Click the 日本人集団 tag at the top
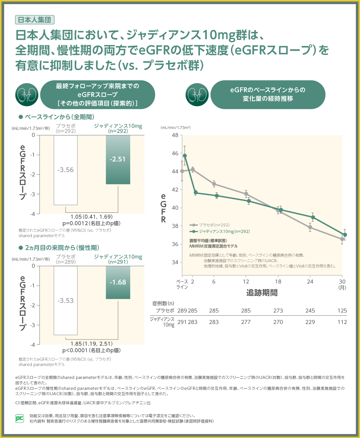click(x=34, y=19)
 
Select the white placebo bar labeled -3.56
click(x=65, y=170)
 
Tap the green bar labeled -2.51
click(x=118, y=159)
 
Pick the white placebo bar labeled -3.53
click(x=65, y=300)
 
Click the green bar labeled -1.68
click(x=118, y=282)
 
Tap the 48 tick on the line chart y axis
click(x=175, y=135)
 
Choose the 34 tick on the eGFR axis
click(x=175, y=262)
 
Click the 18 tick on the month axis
click(x=278, y=281)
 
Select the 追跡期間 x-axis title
click(x=262, y=293)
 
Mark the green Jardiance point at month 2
click(x=196, y=193)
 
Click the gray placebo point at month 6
click(x=214, y=184)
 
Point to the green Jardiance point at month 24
click(x=313, y=217)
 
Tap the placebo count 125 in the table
click(x=342, y=310)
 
